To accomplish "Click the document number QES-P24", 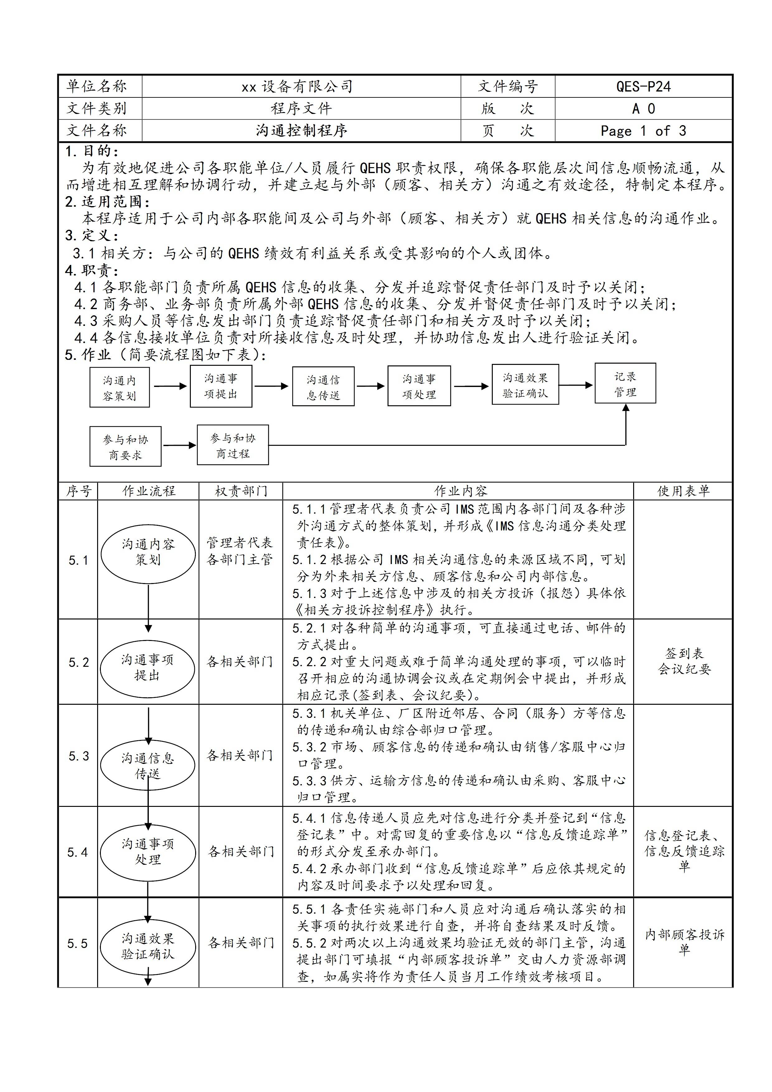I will point(643,87).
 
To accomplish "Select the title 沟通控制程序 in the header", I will point(302,130).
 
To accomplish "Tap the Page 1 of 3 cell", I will point(643,131).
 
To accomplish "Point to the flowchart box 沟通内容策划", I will point(120,388).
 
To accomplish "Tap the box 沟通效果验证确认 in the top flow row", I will point(525,385).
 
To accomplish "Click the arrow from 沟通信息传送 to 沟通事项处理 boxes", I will point(370,386).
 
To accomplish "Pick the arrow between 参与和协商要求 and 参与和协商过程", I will point(179,445).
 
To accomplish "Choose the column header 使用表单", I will point(683,491).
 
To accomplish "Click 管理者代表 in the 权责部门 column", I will point(240,543).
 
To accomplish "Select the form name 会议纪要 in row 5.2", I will point(684,669).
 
